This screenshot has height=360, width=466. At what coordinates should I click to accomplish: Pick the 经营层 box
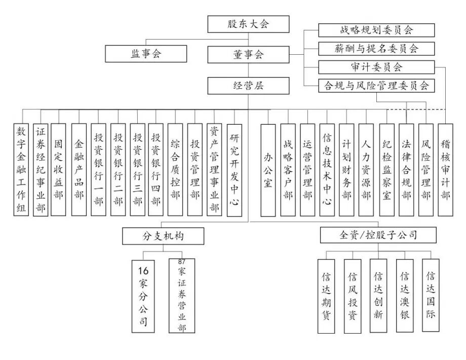[x=248, y=86]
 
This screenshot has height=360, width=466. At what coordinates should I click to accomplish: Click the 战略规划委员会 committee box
[x=376, y=30]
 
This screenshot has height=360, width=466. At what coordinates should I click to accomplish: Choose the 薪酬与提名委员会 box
[x=376, y=49]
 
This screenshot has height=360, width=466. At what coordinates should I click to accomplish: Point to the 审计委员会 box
[x=376, y=67]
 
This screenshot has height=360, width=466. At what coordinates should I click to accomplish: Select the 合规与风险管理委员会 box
[x=376, y=86]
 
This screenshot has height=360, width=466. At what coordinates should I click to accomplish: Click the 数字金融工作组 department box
[x=21, y=170]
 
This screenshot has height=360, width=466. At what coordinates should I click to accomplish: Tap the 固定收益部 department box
[x=58, y=170]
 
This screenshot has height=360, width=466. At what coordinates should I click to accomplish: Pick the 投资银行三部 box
[x=137, y=170]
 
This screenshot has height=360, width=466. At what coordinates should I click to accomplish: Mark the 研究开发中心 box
[x=235, y=170]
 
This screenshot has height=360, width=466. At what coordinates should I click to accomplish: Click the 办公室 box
[x=268, y=170]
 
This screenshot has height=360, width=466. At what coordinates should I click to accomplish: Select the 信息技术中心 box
[x=327, y=170]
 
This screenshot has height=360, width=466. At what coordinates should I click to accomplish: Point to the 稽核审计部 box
[x=446, y=170]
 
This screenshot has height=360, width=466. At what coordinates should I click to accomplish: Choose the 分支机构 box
[x=163, y=236]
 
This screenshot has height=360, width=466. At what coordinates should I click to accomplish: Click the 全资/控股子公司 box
[x=371, y=235]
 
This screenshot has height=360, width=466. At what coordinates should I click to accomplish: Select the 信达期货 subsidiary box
[x=326, y=296]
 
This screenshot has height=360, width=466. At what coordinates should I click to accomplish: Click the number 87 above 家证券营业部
[x=182, y=261]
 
